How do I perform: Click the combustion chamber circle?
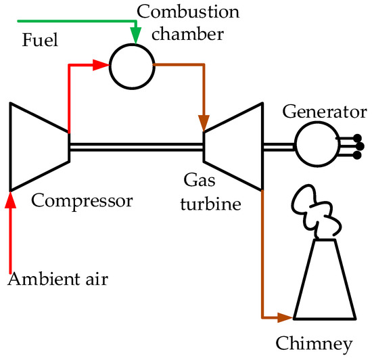(x=134, y=67)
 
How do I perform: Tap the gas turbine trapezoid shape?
(x=233, y=146)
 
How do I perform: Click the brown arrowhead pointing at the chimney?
(x=285, y=316)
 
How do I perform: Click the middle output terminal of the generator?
(x=359, y=145)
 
